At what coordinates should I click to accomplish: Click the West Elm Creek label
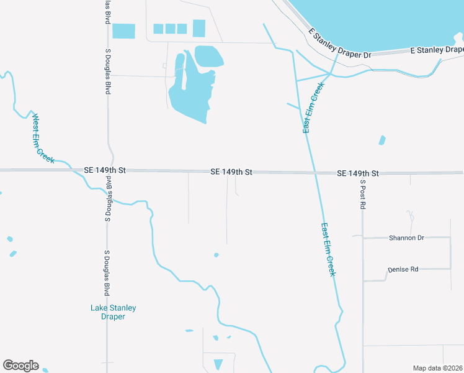click(x=43, y=139)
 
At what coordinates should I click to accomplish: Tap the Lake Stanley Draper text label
click(x=113, y=312)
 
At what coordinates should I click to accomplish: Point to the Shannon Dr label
click(x=406, y=237)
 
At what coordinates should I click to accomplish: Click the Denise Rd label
click(x=403, y=269)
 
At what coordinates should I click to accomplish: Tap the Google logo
click(x=20, y=366)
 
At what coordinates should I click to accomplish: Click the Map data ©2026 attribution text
click(x=438, y=368)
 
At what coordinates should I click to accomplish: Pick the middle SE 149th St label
click(x=231, y=171)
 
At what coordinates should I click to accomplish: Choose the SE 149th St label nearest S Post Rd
click(x=358, y=173)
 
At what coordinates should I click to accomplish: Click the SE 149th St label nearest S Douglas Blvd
click(x=105, y=170)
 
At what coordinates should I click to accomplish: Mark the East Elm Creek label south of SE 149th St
click(x=329, y=250)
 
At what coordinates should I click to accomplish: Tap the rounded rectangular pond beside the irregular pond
click(x=209, y=56)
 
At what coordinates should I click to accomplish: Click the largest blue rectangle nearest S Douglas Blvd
click(x=123, y=30)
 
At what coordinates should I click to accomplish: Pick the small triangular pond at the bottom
click(x=218, y=364)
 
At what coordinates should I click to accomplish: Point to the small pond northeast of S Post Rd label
click(x=382, y=140)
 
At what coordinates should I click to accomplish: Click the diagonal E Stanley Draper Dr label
click(x=341, y=46)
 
